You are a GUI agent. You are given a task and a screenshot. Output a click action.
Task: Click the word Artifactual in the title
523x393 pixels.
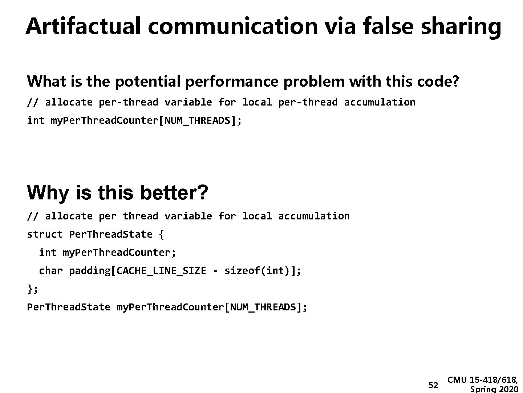[83, 26]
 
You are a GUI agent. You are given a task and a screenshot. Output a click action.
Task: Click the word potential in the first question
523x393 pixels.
[147, 82]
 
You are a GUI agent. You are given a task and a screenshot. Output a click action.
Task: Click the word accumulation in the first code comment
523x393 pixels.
[379, 102]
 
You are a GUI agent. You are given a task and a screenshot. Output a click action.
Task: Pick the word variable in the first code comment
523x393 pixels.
[188, 102]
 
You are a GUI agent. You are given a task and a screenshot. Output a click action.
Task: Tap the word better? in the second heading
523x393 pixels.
[174, 193]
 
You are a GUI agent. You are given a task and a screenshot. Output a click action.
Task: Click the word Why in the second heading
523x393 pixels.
[47, 193]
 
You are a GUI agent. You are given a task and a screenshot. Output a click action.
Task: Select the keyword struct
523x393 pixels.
[45, 234]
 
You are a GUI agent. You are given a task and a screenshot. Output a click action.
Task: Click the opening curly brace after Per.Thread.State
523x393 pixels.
[161, 234]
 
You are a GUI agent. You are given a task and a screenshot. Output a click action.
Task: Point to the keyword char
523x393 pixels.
[50, 271]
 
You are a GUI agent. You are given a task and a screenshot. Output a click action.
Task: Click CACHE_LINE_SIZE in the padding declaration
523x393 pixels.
[161, 271]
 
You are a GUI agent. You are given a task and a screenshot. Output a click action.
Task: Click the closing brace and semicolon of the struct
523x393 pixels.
[33, 289]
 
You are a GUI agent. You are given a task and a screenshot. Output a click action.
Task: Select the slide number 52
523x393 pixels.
[433, 385]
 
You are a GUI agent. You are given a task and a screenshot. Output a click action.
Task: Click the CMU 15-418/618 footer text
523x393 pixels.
[483, 380]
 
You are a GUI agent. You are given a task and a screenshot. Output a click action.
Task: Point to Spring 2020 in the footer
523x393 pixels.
[494, 389]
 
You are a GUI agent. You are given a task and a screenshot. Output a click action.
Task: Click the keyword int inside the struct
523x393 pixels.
[48, 253]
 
